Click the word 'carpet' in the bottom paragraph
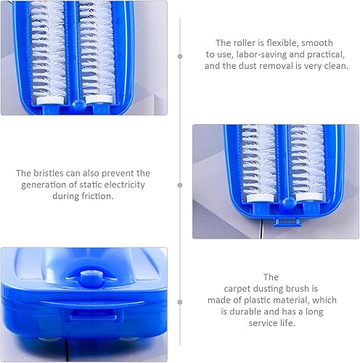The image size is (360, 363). pyautogui.click(x=237, y=288)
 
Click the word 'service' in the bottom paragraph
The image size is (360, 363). pyautogui.click(x=263, y=323)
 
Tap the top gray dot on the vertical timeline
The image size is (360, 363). pyautogui.click(x=180, y=57)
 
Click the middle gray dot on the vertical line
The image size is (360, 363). pyautogui.click(x=180, y=185)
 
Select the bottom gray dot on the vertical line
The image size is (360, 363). pyautogui.click(x=180, y=302)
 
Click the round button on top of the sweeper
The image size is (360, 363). pyautogui.click(x=90, y=277)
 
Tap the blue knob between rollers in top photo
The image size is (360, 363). pyautogui.click(x=78, y=105)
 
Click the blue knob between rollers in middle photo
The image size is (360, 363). pyautogui.click(x=287, y=203)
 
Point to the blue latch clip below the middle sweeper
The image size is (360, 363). pyautogui.click(x=287, y=222)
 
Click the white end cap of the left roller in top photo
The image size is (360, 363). pyautogui.click(x=50, y=99)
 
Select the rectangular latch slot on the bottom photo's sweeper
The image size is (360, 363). pyautogui.click(x=93, y=317)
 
